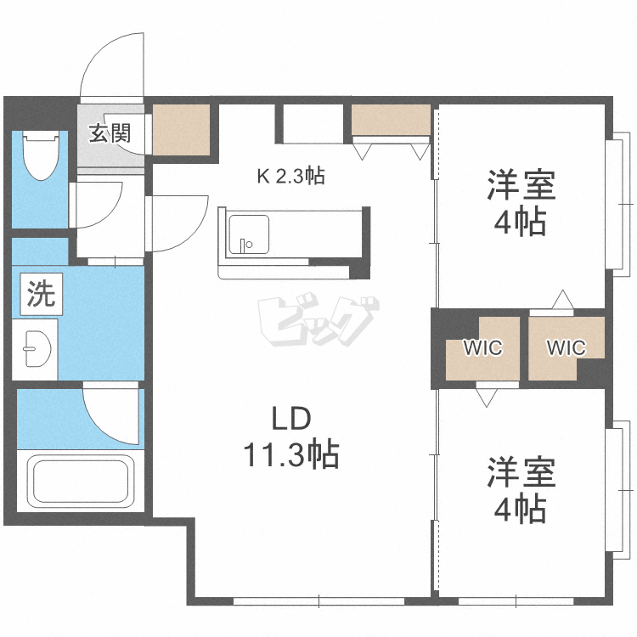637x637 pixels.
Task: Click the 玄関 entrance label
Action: point(110,133)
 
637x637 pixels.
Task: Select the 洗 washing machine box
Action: point(41,294)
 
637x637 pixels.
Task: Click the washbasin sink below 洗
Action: point(36,349)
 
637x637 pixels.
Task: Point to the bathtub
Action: point(81,481)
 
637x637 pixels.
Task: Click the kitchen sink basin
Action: point(249,234)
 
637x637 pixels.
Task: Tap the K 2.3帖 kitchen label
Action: point(290,177)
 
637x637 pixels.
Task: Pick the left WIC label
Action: point(483,347)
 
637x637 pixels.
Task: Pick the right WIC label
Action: point(566,347)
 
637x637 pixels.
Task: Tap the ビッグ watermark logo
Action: point(318,321)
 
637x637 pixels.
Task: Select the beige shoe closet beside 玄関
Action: point(181,130)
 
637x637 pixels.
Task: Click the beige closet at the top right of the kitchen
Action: point(391,120)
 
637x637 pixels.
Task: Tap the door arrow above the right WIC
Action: point(562,300)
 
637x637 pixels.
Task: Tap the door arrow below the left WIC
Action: point(487,397)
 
